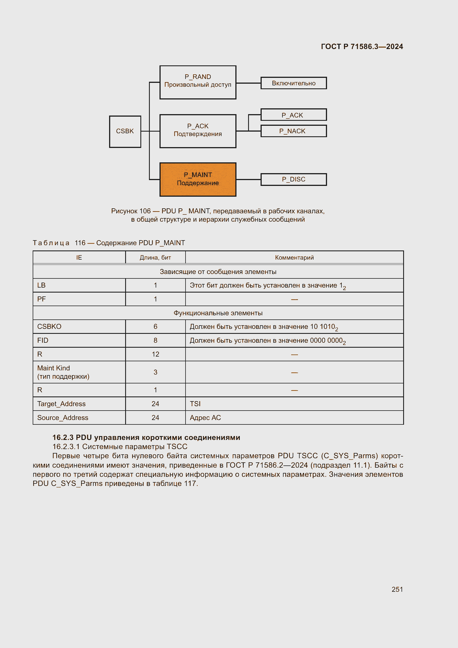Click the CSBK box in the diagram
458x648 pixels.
pos(125,132)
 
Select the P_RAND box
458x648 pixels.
pos(198,82)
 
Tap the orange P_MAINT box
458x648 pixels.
pos(198,179)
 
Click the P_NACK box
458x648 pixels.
pos(293,131)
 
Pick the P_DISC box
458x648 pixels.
pos(293,180)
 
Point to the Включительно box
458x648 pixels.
pos(293,83)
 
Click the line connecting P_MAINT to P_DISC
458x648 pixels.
pos(248,180)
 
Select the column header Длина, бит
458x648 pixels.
pos(155,257)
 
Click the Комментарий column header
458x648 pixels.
pos(294,257)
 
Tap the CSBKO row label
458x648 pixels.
pos(49,327)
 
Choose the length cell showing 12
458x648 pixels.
pos(155,354)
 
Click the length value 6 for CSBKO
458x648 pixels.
pos(155,327)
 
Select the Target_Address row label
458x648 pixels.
pos(61,404)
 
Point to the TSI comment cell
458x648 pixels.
pos(195,404)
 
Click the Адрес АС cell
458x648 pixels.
pos(205,418)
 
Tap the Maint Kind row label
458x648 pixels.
pos(54,368)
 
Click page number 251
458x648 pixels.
pos(397,589)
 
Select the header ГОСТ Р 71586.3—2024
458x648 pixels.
pos(362,47)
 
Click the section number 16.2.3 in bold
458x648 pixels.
pos(63,437)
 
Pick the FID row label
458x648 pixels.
pos(43,340)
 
